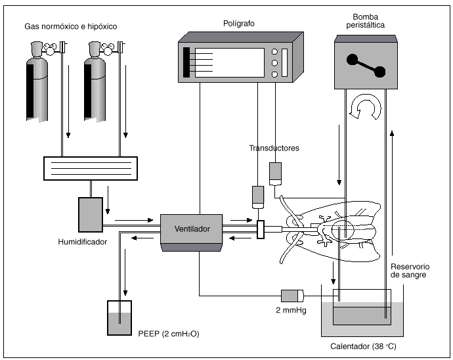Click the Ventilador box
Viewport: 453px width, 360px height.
[x=192, y=230]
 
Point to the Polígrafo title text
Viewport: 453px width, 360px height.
[x=238, y=24]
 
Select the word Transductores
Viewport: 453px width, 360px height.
[x=274, y=148]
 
